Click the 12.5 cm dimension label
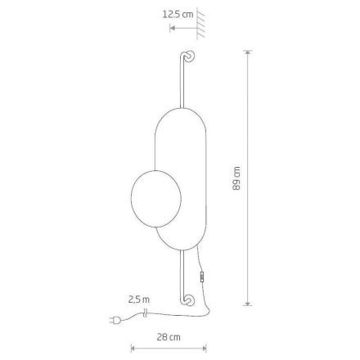178,14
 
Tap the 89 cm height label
236,178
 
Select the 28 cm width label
169,337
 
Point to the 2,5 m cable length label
139,299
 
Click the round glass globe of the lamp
156,199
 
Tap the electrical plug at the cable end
115,320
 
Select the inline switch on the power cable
202,277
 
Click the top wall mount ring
190,56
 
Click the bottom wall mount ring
189,300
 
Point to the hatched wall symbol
200,25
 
